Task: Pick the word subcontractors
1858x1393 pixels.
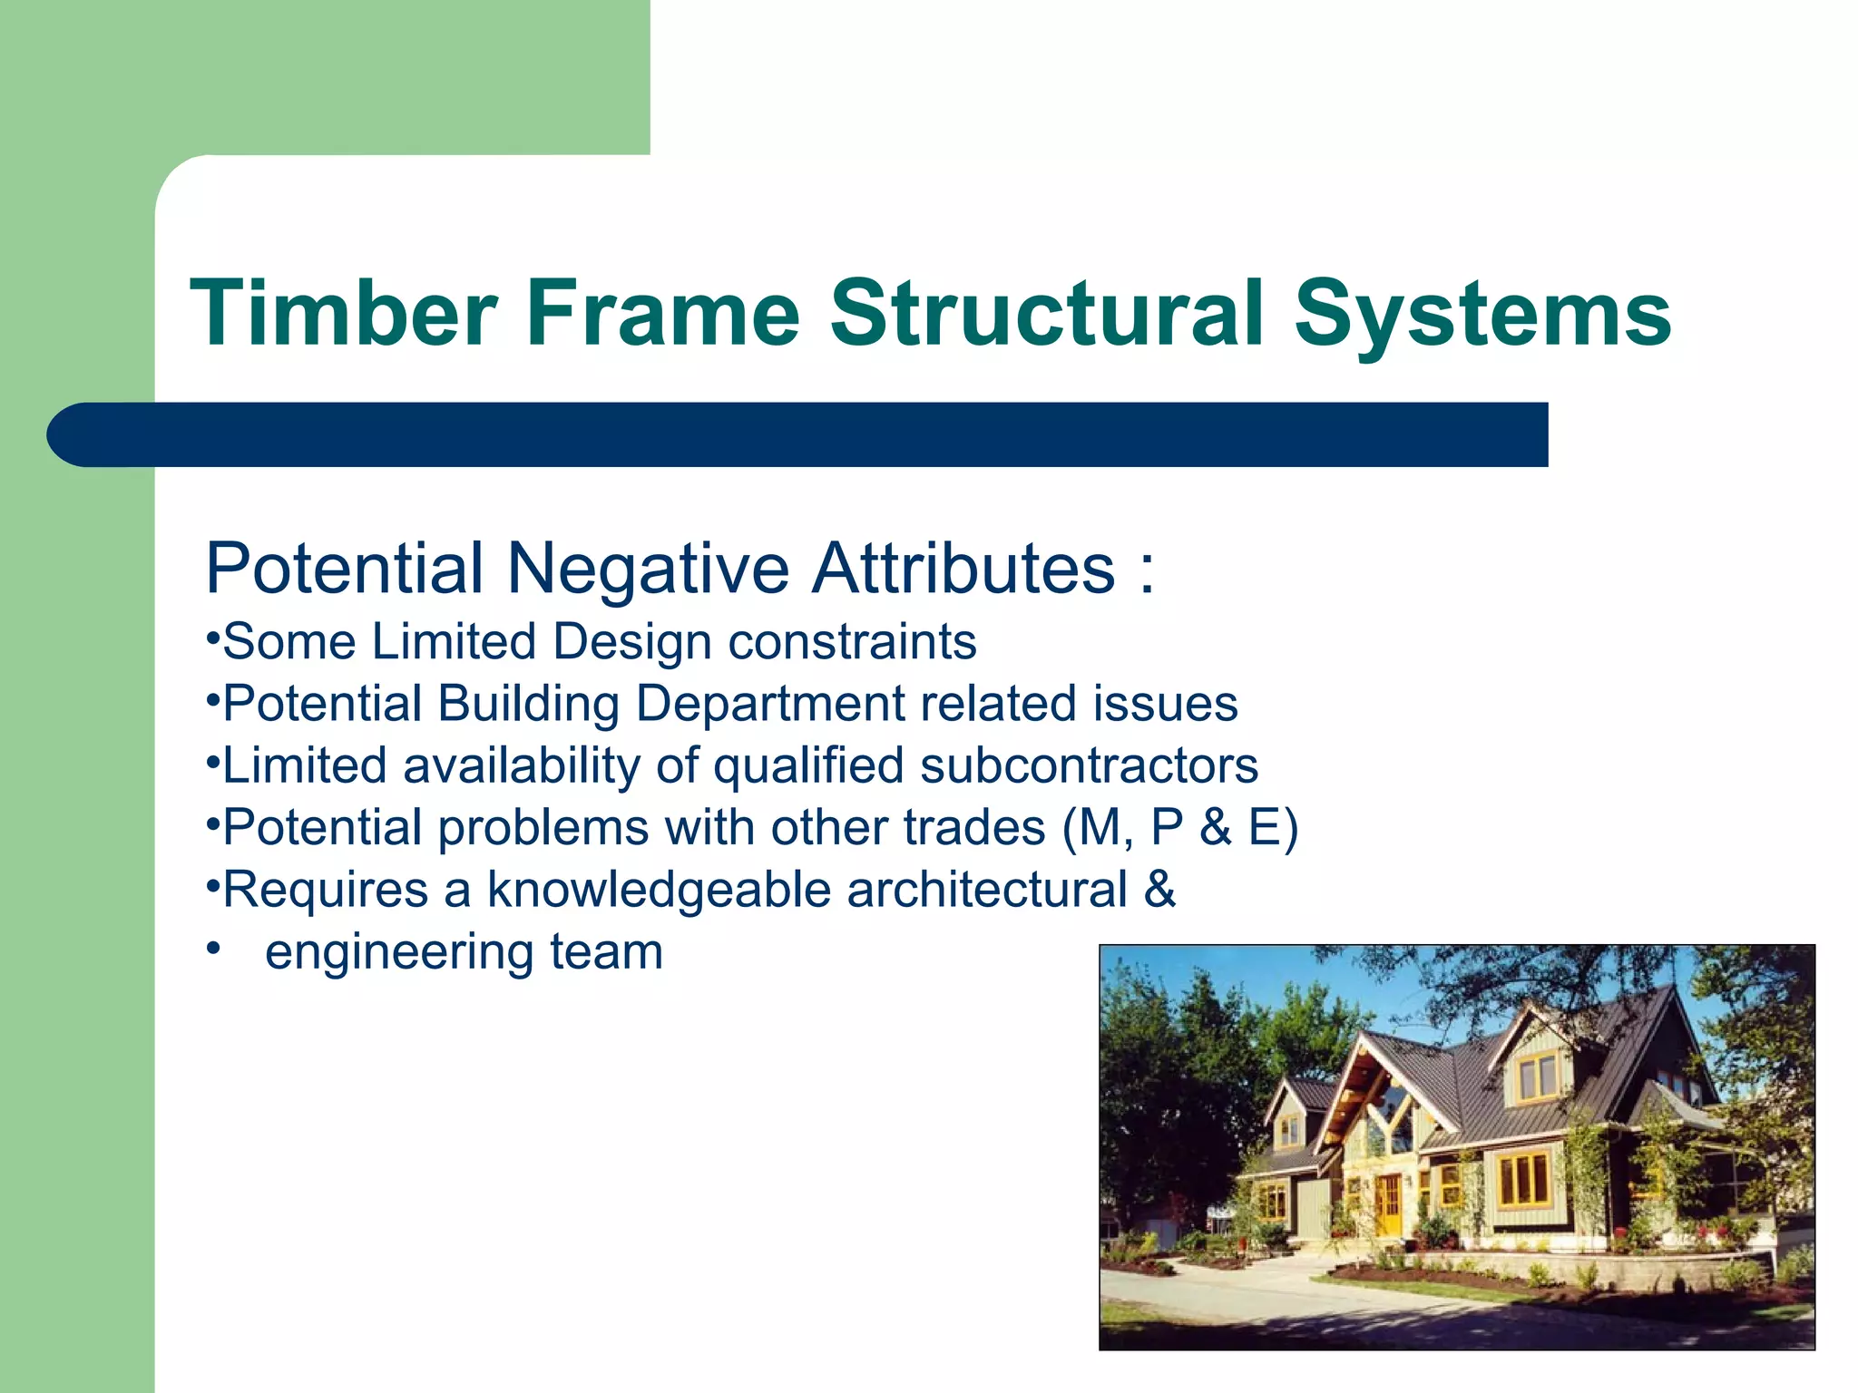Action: tap(1089, 765)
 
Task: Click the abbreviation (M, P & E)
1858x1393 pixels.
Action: tap(1179, 828)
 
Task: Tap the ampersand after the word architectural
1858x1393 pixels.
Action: tap(1159, 890)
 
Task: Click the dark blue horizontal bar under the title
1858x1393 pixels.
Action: tap(798, 434)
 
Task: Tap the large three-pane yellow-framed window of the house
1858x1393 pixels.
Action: tap(1523, 1178)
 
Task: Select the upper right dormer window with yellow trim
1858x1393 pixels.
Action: tap(1538, 1078)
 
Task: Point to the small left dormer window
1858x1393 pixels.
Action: tap(1289, 1130)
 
